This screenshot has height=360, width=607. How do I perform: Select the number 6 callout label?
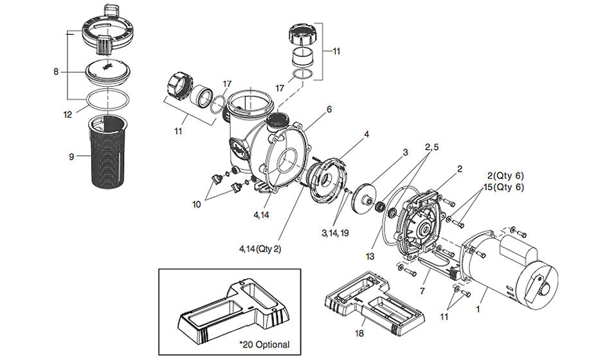coord(329,109)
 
